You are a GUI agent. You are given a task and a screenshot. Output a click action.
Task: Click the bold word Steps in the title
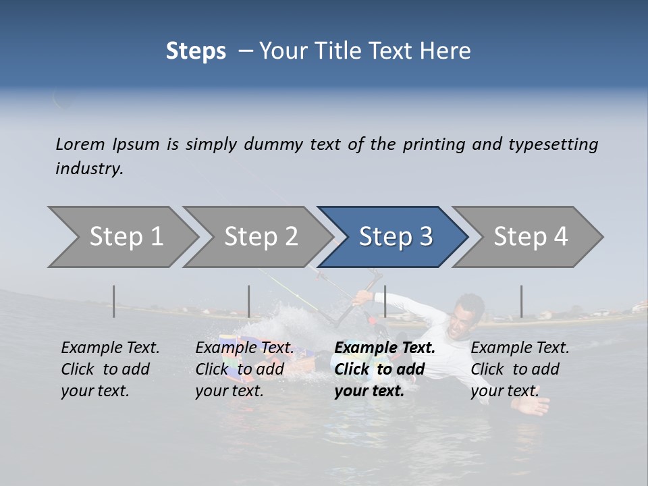click(x=196, y=51)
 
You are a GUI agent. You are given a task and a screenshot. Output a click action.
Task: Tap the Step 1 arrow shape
click(x=122, y=237)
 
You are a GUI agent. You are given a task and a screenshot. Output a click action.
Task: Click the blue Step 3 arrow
click(x=394, y=237)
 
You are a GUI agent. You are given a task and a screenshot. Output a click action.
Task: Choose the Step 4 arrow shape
click(x=529, y=237)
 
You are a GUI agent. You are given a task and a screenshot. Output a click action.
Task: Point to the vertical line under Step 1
click(x=114, y=301)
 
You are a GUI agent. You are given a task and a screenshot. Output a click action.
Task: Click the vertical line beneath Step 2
click(x=249, y=301)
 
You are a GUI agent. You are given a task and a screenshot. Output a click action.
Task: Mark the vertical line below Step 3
click(x=385, y=301)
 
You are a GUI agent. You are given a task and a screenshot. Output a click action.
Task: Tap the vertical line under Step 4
click(x=521, y=301)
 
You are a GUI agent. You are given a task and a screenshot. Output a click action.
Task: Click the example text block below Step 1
click(x=109, y=369)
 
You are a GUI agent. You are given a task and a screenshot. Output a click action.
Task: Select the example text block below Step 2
click(x=244, y=369)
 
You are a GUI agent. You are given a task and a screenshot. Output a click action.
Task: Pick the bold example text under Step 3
click(x=384, y=369)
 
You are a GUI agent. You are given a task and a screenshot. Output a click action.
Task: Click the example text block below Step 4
click(x=519, y=369)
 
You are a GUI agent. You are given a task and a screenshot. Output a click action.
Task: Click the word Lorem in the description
click(x=80, y=144)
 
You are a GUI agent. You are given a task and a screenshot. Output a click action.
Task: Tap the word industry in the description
click(x=89, y=169)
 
